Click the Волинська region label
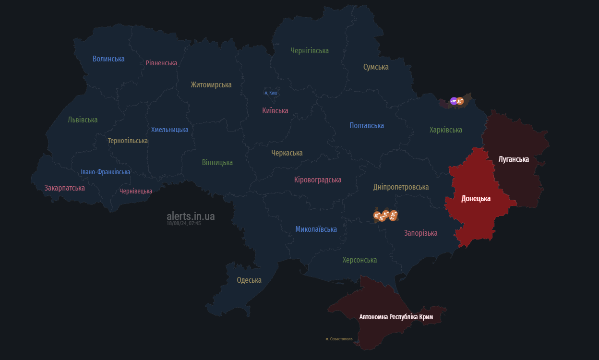pyautogui.click(x=108, y=59)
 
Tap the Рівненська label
pyautogui.click(x=161, y=63)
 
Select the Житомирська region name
pyautogui.click(x=211, y=85)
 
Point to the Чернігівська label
pyautogui.click(x=310, y=50)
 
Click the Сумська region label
pyautogui.click(x=376, y=67)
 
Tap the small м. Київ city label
pyautogui.click(x=271, y=93)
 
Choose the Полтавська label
pyautogui.click(x=367, y=126)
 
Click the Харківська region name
pyautogui.click(x=445, y=130)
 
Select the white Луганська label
pyautogui.click(x=514, y=159)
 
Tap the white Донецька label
pyautogui.click(x=476, y=199)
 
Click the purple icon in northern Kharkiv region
pyautogui.click(x=454, y=101)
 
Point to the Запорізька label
pyautogui.click(x=420, y=233)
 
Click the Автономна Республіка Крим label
pyautogui.click(x=396, y=317)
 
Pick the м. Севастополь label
pyautogui.click(x=339, y=339)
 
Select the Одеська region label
pyautogui.click(x=249, y=280)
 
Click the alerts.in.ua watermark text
pyautogui.click(x=191, y=216)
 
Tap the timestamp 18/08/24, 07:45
pyautogui.click(x=183, y=224)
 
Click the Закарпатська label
pyautogui.click(x=65, y=188)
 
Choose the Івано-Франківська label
pyautogui.click(x=105, y=172)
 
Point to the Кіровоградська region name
pyautogui.click(x=318, y=180)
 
